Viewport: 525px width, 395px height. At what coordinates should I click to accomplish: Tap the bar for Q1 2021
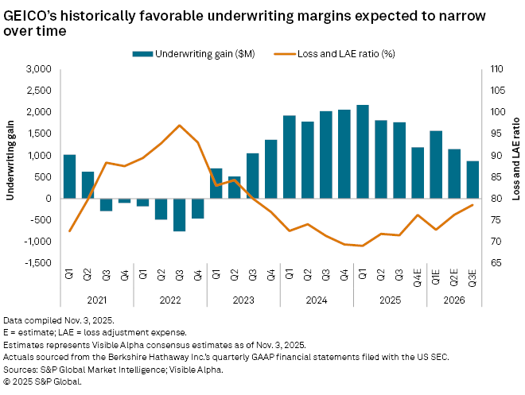click(69, 176)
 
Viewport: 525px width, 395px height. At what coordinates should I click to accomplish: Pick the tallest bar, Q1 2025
click(363, 152)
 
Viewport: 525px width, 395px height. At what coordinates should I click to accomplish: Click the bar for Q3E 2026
click(472, 180)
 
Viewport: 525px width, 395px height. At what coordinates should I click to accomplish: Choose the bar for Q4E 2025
click(418, 172)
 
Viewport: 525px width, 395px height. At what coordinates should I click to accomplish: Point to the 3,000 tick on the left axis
click(38, 70)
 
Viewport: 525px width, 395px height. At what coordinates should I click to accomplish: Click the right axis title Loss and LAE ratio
click(515, 166)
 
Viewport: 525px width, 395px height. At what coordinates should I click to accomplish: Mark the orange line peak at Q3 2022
click(179, 126)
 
